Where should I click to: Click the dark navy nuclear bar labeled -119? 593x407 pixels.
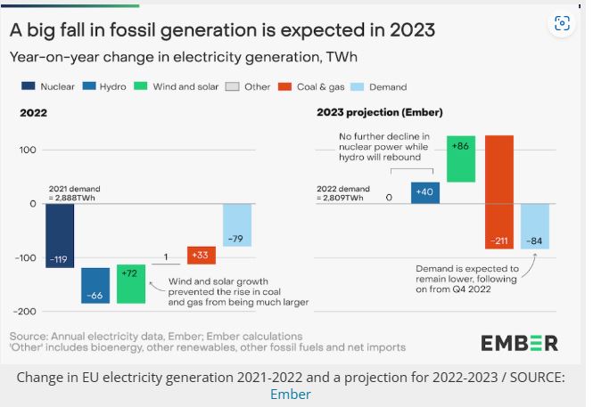pyautogui.click(x=60, y=235)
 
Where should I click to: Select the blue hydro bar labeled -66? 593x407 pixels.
pyautogui.click(x=95, y=285)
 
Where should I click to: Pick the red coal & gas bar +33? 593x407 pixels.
pyautogui.click(x=202, y=256)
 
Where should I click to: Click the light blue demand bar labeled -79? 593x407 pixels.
pyautogui.click(x=237, y=224)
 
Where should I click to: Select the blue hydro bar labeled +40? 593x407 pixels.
pyautogui.click(x=425, y=192)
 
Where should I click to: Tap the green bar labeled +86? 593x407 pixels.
pyautogui.click(x=460, y=159)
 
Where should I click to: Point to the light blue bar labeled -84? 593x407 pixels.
pyautogui.click(x=535, y=226)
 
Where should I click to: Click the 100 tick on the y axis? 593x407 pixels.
pyautogui.click(x=27, y=150)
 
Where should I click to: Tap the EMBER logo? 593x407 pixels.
pyautogui.click(x=520, y=343)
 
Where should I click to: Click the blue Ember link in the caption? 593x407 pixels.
pyautogui.click(x=290, y=394)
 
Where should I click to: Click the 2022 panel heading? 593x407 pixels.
pyautogui.click(x=33, y=113)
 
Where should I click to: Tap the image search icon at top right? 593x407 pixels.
pyautogui.click(x=562, y=24)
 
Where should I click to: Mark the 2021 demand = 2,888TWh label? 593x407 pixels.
pyautogui.click(x=75, y=192)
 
